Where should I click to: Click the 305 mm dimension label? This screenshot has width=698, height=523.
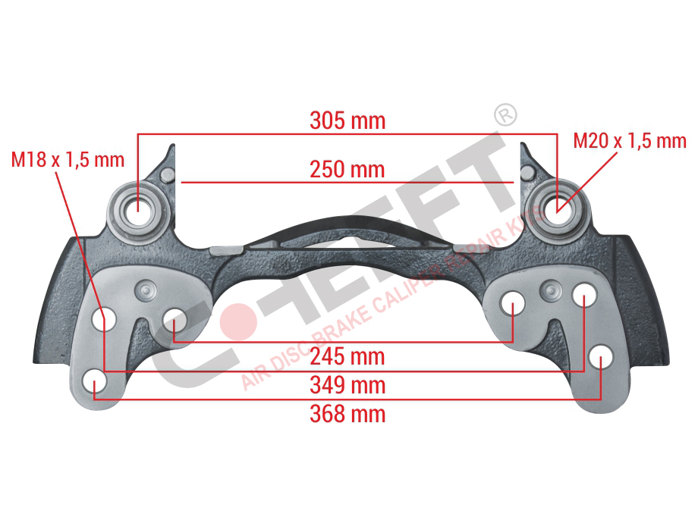(x=347, y=121)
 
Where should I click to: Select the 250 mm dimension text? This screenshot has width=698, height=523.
(x=347, y=170)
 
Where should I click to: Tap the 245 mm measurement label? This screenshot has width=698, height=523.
(x=347, y=357)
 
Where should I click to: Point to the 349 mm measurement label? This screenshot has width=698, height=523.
(x=347, y=385)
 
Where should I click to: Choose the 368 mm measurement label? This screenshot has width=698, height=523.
(x=347, y=414)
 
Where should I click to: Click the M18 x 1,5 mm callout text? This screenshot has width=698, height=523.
(x=68, y=160)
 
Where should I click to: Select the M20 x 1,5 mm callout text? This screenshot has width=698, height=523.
(x=630, y=140)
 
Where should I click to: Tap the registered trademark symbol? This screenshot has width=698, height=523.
(x=506, y=115)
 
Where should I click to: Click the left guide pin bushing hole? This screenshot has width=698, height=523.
(x=138, y=212)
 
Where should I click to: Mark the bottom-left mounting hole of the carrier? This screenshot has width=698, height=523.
(x=95, y=381)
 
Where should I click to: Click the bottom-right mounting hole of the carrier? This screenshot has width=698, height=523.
(x=601, y=357)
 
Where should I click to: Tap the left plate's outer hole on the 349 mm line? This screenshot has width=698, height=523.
(x=104, y=318)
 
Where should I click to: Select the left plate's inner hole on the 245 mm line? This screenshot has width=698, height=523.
(x=174, y=320)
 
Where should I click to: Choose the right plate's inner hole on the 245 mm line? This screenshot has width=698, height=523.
(x=512, y=303)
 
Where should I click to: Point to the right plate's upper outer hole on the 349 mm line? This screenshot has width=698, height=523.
(x=584, y=294)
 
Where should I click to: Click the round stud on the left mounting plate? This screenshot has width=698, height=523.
(x=145, y=292)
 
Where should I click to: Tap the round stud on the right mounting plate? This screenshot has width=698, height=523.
(x=550, y=291)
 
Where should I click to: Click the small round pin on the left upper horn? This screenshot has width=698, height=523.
(x=167, y=174)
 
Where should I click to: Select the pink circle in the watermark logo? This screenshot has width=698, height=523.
(x=238, y=322)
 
